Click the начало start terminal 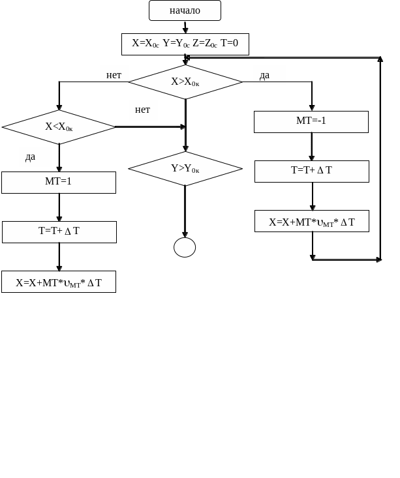pos(185,10)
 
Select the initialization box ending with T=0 pos(185,44)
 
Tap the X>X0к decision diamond pos(185,82)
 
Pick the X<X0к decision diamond pos(59,127)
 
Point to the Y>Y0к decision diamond pos(185,168)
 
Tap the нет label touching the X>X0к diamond pos(114,74)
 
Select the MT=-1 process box pos(311,121)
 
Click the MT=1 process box pos(59,182)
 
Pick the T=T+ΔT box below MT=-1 pos(311,171)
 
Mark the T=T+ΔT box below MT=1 pos(59,232)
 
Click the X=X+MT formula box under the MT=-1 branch pos(311,221)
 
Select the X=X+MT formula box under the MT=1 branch pos(59,282)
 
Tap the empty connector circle pos(185,247)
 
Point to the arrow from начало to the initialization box pos(185,27)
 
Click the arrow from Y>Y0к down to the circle pos(185,211)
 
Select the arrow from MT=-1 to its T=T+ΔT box pos(312,146)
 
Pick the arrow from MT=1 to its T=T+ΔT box pos(59,207)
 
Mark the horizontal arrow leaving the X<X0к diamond pos(150,127)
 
